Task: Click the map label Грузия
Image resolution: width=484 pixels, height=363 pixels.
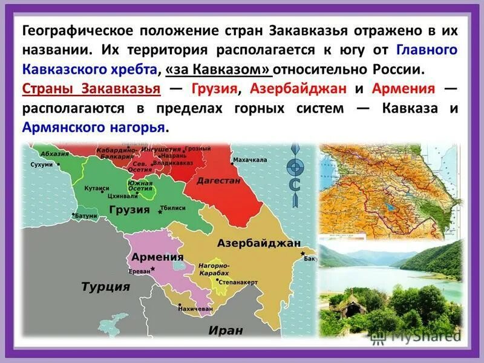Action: click(x=129, y=209)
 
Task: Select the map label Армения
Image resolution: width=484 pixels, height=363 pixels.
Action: click(x=157, y=257)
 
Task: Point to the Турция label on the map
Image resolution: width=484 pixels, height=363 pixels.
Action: click(x=106, y=286)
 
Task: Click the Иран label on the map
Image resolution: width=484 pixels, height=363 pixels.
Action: click(x=226, y=330)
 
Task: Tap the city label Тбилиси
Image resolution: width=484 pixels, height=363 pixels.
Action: click(x=174, y=208)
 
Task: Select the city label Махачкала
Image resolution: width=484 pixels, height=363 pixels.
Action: click(x=250, y=160)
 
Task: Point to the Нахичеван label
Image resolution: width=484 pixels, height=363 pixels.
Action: click(x=195, y=308)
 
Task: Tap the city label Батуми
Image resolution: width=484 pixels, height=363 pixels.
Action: click(x=87, y=215)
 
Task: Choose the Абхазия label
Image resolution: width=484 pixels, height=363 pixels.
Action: click(x=55, y=154)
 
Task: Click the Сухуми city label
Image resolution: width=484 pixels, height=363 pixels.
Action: click(x=42, y=165)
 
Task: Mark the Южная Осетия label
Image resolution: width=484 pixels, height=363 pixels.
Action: click(x=140, y=185)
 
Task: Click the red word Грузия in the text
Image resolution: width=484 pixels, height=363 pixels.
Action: click(x=215, y=89)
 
